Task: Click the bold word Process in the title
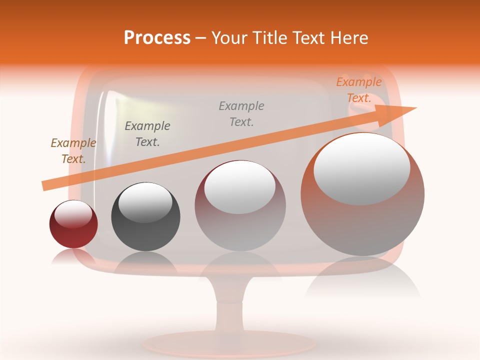[157, 38]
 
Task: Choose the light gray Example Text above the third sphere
[241, 113]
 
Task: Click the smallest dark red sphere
[73, 235]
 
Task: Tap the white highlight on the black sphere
[145, 202]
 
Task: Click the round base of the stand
[230, 344]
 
